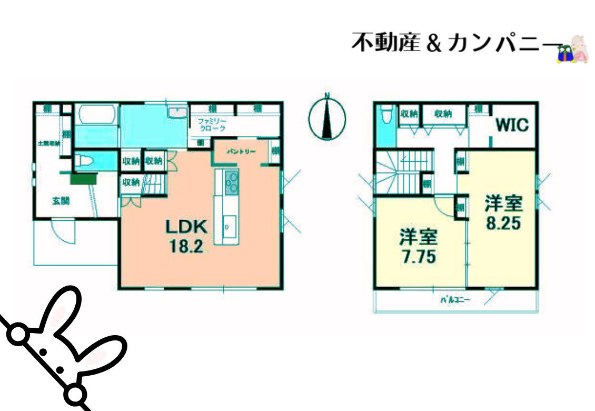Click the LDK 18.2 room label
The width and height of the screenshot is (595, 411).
click(185, 236)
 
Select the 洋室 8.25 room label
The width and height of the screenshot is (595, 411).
click(503, 213)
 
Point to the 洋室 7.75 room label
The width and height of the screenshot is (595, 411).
click(418, 247)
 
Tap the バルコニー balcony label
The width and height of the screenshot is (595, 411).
click(455, 301)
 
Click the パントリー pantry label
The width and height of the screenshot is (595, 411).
click(241, 152)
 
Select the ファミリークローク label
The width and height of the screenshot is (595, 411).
click(212, 125)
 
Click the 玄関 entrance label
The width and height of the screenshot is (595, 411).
click(61, 201)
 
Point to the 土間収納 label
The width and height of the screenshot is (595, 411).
click(48, 143)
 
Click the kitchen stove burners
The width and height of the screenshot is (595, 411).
click(232, 182)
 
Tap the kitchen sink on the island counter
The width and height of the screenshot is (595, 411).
click(230, 226)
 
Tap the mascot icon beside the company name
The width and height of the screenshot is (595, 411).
click(573, 50)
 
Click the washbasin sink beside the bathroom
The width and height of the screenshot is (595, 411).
click(176, 112)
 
